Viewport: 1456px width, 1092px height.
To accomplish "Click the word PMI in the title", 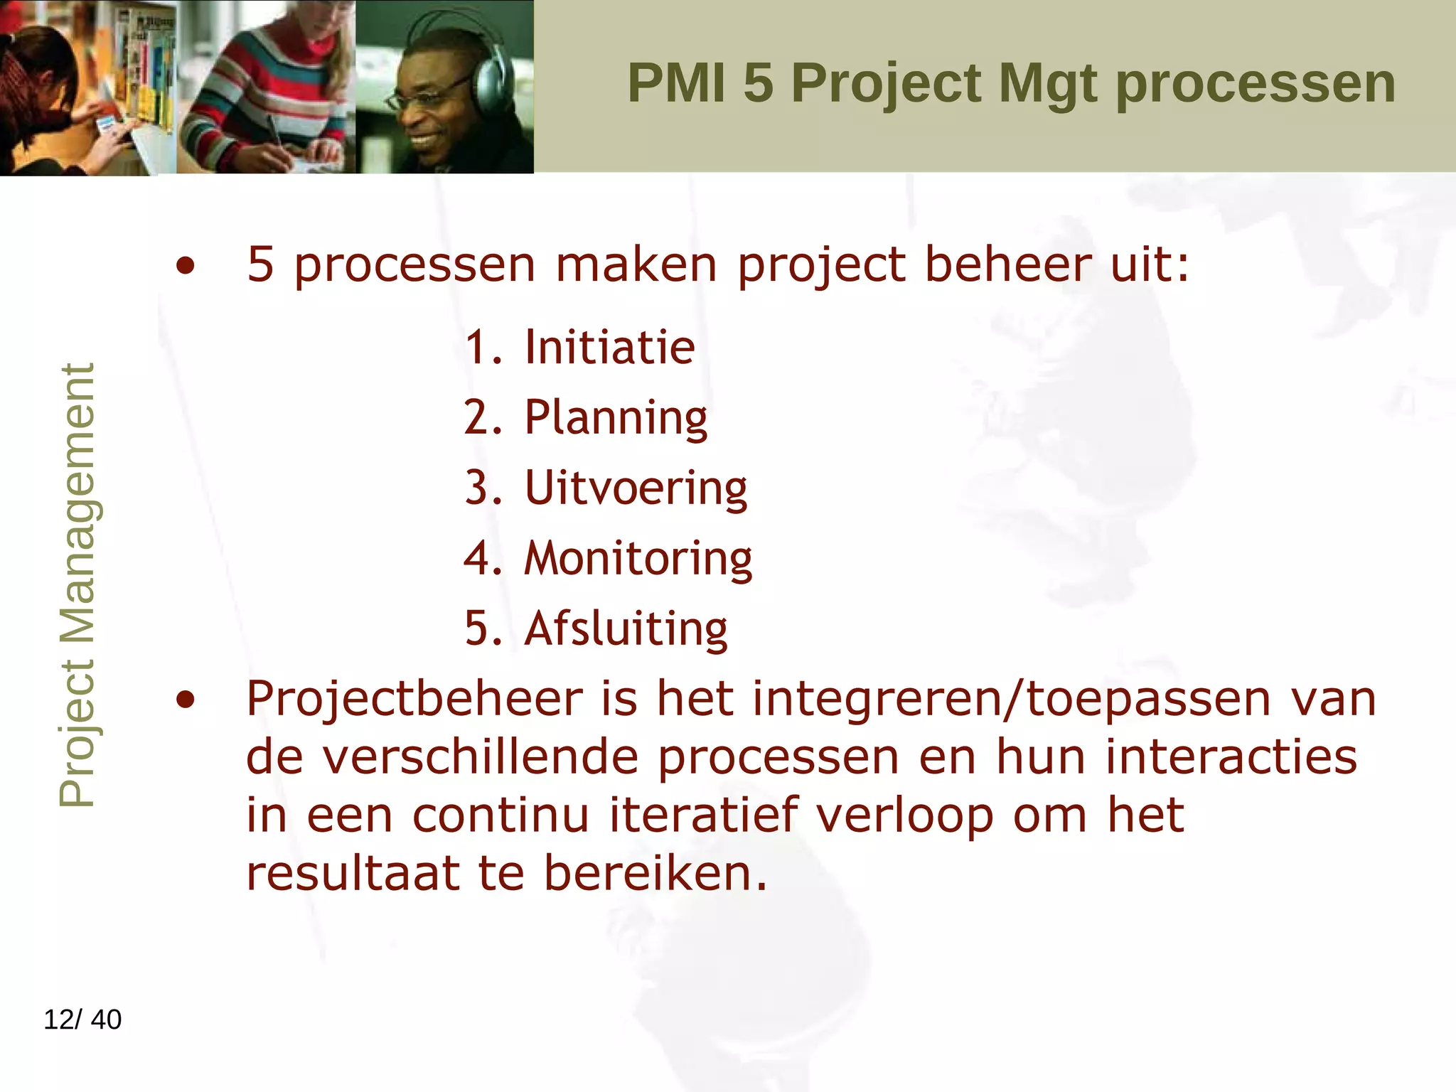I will [x=676, y=83].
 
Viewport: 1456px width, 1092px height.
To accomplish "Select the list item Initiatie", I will [x=609, y=348].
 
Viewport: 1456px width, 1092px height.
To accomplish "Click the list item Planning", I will [x=616, y=417].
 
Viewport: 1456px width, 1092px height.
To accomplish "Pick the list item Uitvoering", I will [x=636, y=488].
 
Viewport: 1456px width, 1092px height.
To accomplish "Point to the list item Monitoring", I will [x=638, y=559].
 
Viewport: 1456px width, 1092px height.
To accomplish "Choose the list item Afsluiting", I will [x=626, y=629].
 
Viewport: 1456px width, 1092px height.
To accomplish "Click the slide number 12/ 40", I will [x=82, y=1019].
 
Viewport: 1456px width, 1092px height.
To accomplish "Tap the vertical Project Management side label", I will [x=76, y=584].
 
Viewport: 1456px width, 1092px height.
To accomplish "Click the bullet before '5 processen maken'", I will [x=186, y=267].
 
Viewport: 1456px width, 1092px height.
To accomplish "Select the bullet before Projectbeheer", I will [x=186, y=700].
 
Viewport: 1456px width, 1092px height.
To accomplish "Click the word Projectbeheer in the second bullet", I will [x=414, y=700].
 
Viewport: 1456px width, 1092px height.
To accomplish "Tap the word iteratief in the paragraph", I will [x=704, y=815].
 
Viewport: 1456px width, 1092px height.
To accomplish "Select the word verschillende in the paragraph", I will [x=481, y=757].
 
